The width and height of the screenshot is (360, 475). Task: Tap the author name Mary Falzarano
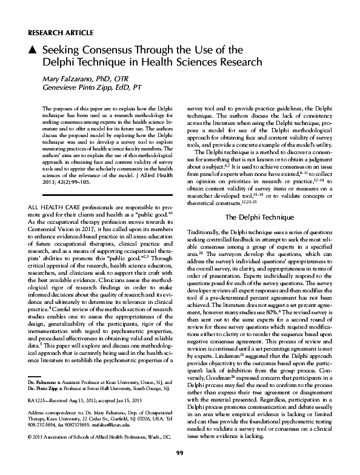tap(67, 79)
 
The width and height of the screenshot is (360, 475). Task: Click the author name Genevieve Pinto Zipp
tap(82, 88)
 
